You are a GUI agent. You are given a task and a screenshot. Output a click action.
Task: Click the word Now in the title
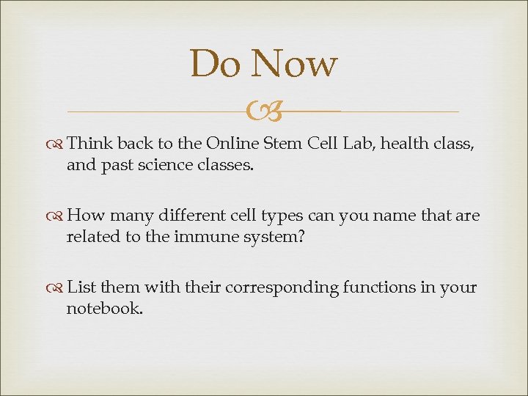[x=293, y=64]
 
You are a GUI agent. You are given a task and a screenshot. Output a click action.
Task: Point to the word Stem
[x=282, y=143]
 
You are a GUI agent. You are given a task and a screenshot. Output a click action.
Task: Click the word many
[x=128, y=216]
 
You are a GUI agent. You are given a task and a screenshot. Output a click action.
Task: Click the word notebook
[x=103, y=309]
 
